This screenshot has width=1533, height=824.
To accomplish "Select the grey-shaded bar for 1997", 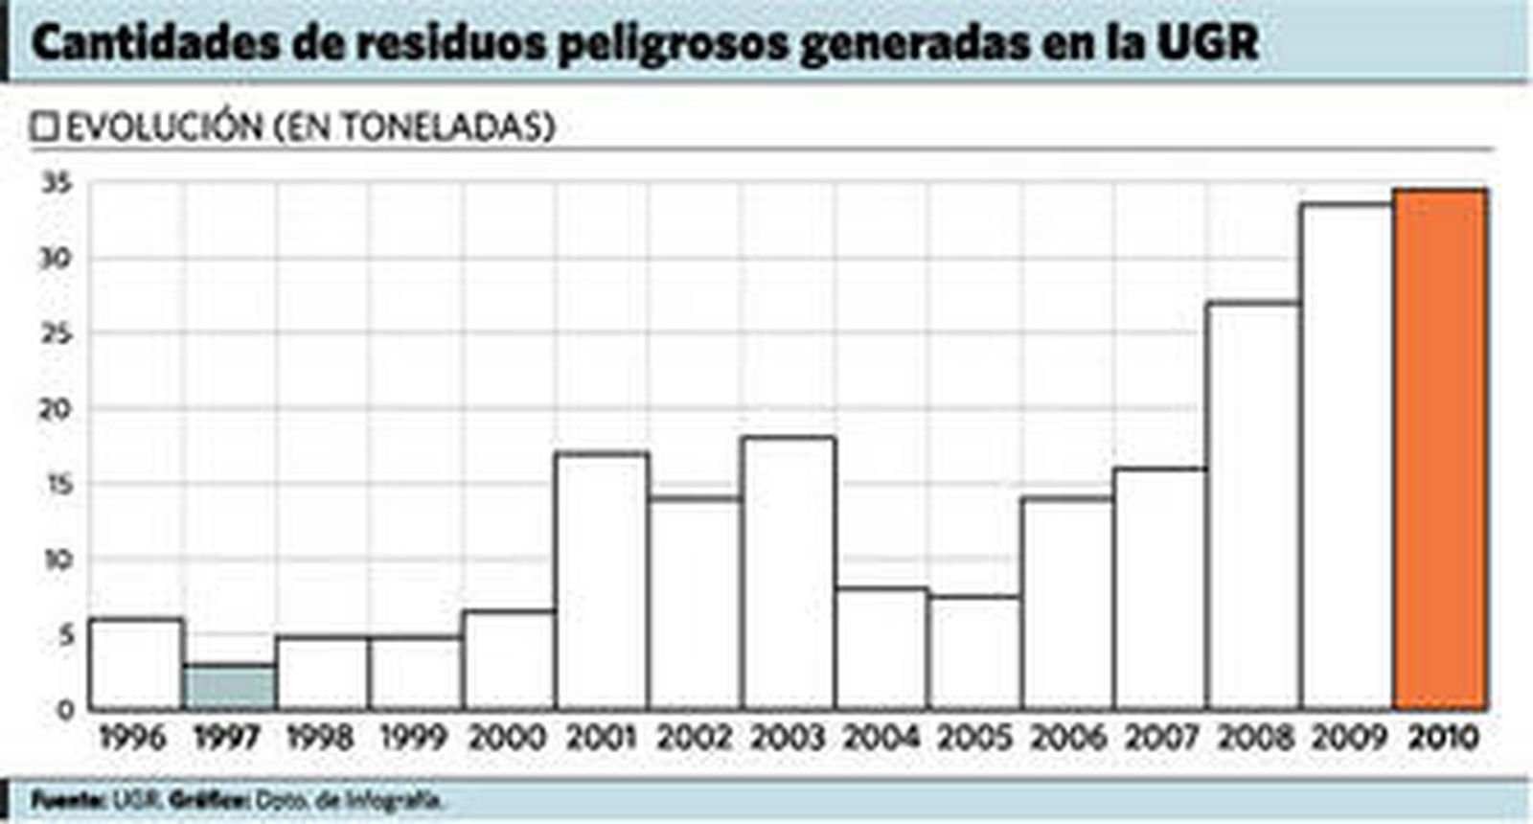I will (x=230, y=686).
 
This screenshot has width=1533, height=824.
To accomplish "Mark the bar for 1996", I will (x=137, y=663).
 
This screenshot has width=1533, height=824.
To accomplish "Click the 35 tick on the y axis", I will (x=58, y=183).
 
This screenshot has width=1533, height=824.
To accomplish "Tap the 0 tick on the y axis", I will (x=65, y=710).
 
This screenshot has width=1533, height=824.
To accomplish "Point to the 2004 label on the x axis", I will (x=881, y=738).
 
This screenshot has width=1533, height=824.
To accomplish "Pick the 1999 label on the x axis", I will (x=414, y=738).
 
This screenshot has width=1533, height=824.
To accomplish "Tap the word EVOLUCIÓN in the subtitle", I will (x=164, y=127).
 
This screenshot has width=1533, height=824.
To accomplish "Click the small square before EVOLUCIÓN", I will (x=45, y=127).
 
